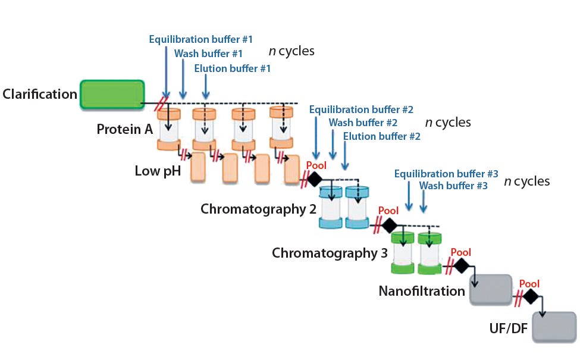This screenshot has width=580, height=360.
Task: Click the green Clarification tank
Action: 112,95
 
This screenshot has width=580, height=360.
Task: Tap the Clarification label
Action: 40,94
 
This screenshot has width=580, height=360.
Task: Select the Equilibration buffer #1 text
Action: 200,39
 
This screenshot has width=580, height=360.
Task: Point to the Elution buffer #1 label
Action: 232,68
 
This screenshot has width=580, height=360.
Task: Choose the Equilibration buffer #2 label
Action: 360,109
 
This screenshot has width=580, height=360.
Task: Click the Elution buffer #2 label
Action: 381,136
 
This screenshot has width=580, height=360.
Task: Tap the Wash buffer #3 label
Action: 453,186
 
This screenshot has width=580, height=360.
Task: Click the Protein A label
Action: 124,129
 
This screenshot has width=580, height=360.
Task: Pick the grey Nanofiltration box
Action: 491,290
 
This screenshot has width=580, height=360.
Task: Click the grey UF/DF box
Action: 554,327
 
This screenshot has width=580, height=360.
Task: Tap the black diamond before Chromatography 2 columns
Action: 314,179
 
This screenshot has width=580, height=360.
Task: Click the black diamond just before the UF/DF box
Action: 530,296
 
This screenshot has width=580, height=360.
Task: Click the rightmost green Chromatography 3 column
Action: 429,253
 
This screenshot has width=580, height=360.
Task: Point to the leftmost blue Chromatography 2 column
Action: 330,208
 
